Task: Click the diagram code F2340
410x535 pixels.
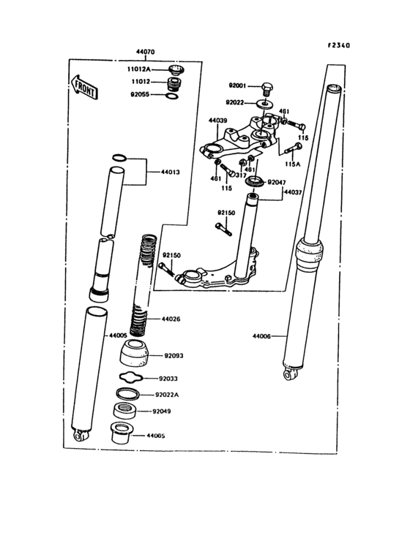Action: (338, 45)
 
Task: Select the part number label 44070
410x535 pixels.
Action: (145, 53)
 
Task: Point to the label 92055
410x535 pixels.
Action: (143, 95)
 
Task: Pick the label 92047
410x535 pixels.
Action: (276, 181)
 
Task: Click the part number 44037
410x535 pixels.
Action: (294, 191)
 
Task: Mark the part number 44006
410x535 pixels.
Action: (261, 336)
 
